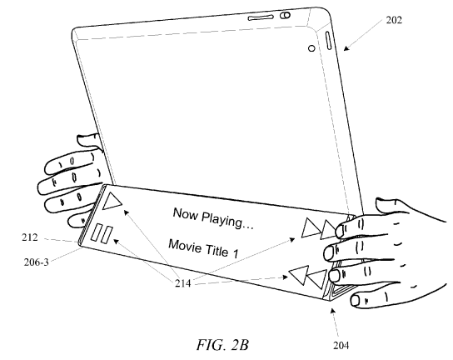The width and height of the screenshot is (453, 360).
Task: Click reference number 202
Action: (394, 20)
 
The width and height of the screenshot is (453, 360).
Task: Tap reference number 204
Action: (341, 345)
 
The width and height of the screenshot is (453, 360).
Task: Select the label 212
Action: (30, 237)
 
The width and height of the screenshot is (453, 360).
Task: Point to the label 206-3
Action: (37, 262)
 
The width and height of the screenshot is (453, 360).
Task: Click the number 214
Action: (183, 283)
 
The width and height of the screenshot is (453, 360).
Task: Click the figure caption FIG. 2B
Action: (222, 345)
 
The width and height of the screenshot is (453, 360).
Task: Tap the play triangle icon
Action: (112, 201)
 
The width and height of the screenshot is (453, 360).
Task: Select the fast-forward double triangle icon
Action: (319, 228)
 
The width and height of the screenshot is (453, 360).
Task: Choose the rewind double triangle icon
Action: (307, 277)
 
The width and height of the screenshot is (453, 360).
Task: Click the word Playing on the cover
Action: (227, 220)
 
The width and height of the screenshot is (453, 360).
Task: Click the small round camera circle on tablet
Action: (311, 48)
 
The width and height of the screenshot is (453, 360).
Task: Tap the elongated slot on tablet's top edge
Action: (261, 17)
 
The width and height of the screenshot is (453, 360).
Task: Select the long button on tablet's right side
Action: (328, 41)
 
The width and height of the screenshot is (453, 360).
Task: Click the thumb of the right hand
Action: (391, 205)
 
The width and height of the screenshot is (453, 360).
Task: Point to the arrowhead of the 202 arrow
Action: (346, 48)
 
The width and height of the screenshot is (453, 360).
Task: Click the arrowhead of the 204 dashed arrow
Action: (332, 311)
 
